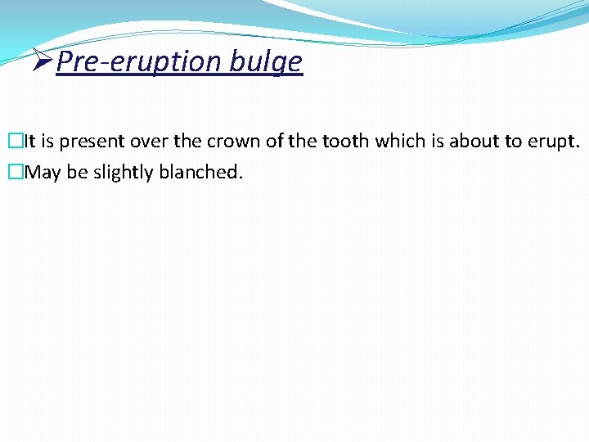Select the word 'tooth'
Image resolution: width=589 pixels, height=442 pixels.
(x=346, y=141)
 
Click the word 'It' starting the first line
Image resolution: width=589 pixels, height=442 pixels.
(x=29, y=142)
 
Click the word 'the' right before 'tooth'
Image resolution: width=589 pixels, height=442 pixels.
(x=305, y=141)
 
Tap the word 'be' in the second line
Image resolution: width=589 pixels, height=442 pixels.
(x=77, y=173)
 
